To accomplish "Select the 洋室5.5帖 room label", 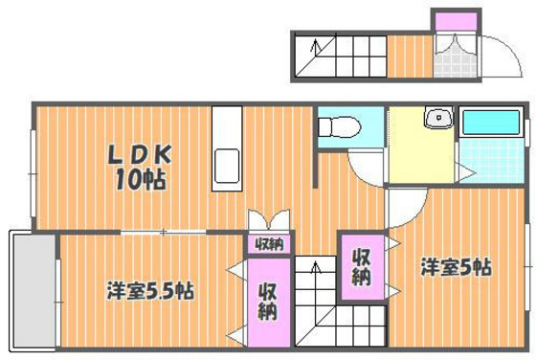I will [150, 290].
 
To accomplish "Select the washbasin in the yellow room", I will [438, 119].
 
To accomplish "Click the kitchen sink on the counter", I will [228, 167].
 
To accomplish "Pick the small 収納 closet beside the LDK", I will [268, 244].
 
